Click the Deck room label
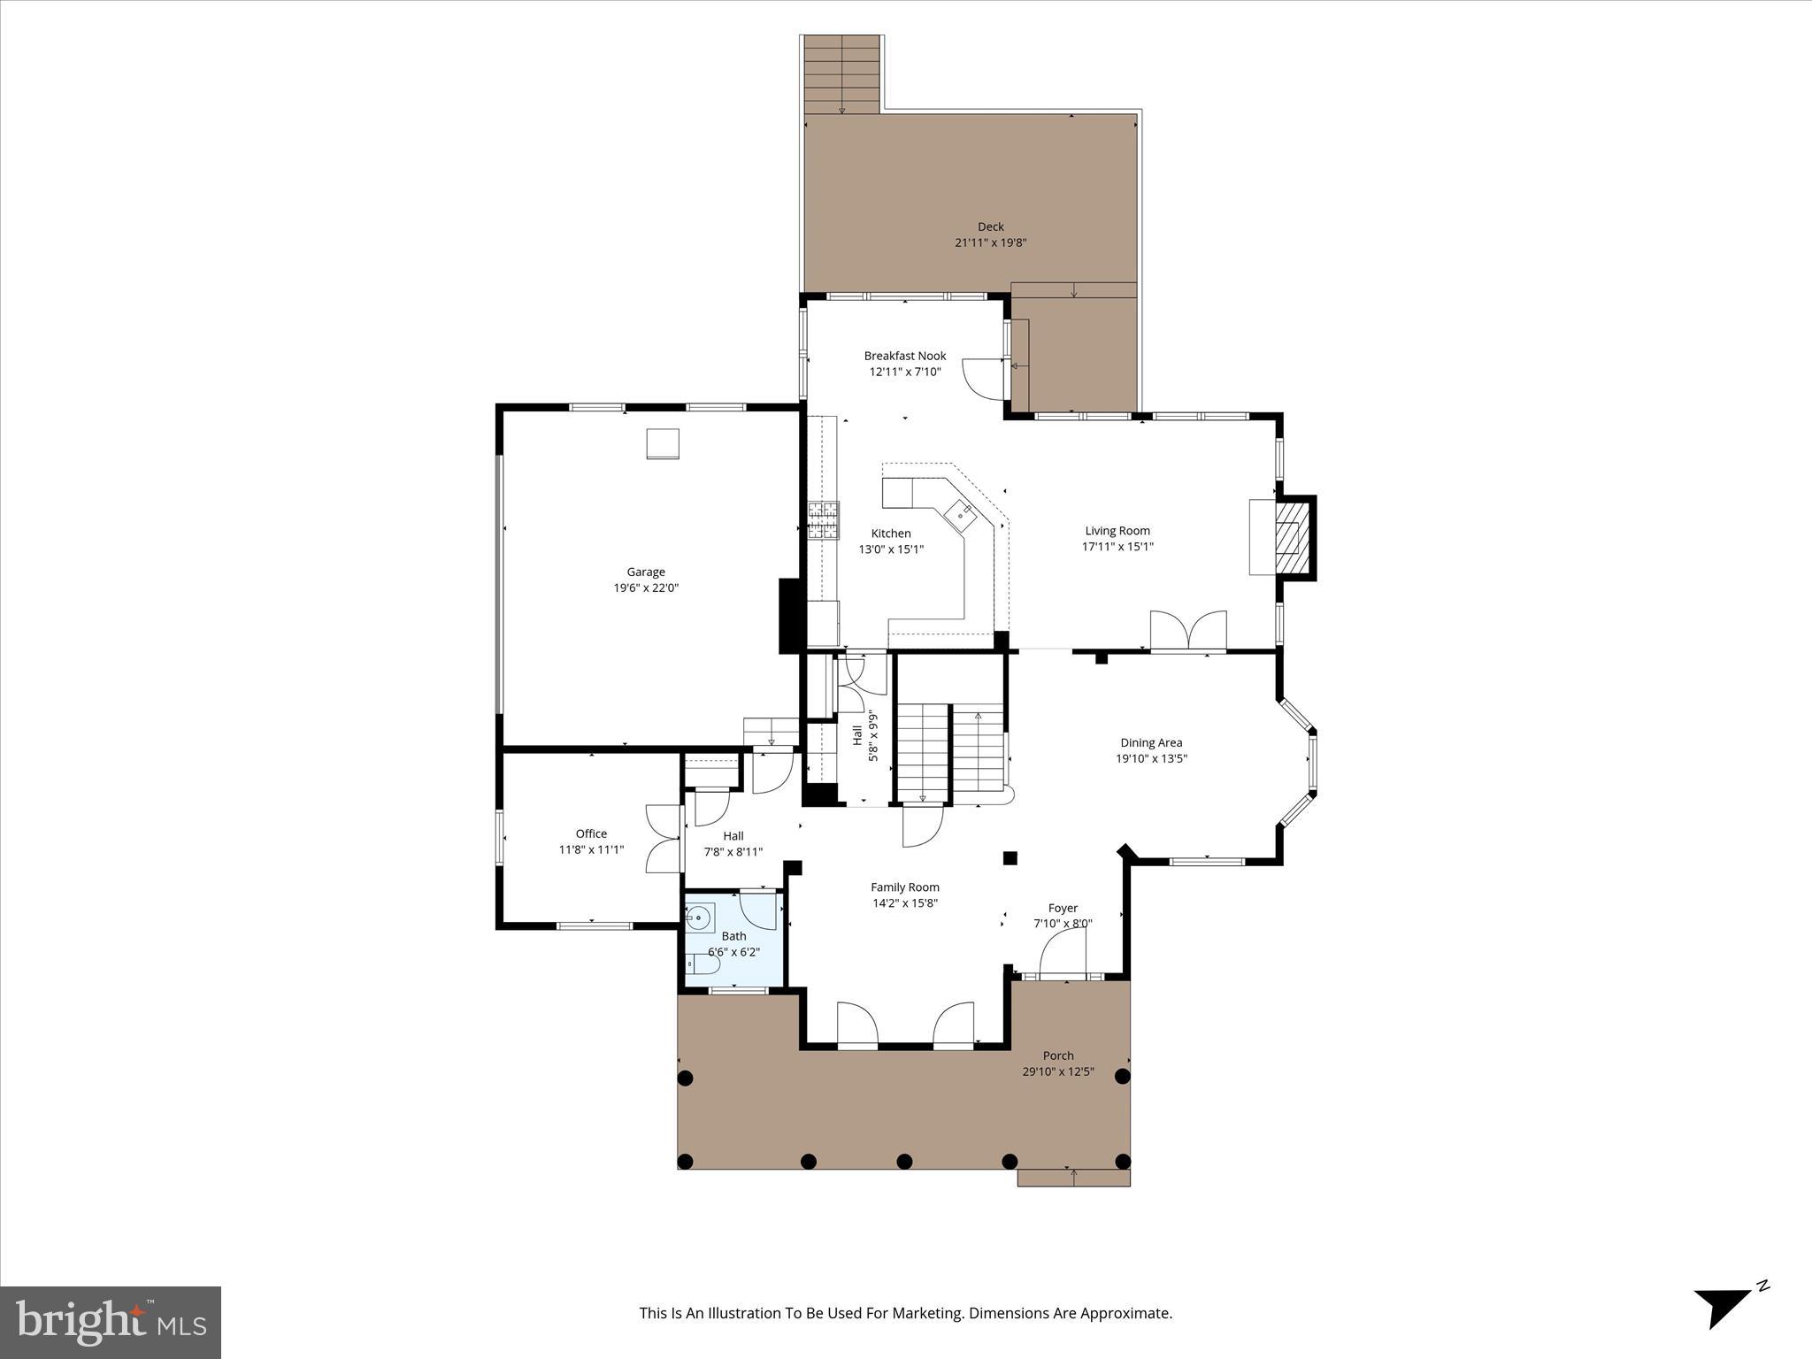click(990, 226)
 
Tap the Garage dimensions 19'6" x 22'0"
click(646, 588)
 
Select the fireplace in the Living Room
click(1293, 538)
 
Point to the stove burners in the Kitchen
click(823, 519)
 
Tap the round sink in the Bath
click(700, 918)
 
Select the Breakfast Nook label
click(904, 356)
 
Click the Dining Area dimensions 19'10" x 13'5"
click(1151, 758)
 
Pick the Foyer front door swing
click(1063, 956)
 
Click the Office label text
click(591, 833)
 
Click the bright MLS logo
click(111, 1322)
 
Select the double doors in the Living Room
click(1188, 631)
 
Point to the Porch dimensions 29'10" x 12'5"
click(1058, 1071)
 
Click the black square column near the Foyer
click(1010, 857)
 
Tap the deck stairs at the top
click(841, 74)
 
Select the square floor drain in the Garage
click(663, 443)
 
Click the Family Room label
click(904, 887)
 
